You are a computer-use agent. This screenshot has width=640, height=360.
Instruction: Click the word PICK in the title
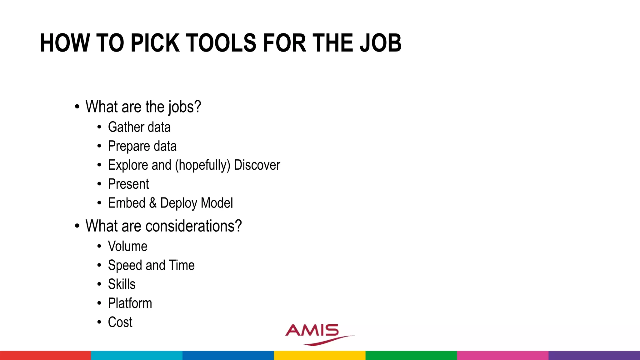click(x=155, y=43)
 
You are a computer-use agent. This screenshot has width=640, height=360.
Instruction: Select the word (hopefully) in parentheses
click(x=202, y=165)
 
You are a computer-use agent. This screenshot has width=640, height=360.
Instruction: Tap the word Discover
click(x=257, y=165)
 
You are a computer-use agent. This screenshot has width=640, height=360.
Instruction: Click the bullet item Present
click(x=128, y=184)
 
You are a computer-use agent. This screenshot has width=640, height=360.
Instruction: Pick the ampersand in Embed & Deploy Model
click(x=153, y=203)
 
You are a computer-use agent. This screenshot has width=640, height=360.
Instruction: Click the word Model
click(x=217, y=203)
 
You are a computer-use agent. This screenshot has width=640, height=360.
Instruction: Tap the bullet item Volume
click(x=127, y=247)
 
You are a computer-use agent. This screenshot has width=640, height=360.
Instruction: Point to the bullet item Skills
click(x=122, y=284)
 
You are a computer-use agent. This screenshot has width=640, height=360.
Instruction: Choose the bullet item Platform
click(x=130, y=303)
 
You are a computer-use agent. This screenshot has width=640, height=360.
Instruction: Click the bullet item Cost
click(x=120, y=322)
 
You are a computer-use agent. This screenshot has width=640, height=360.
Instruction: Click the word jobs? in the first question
click(x=185, y=107)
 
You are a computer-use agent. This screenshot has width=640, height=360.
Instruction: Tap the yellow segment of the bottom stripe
click(x=320, y=355)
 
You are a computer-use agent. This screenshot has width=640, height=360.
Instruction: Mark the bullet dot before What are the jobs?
click(x=77, y=107)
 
